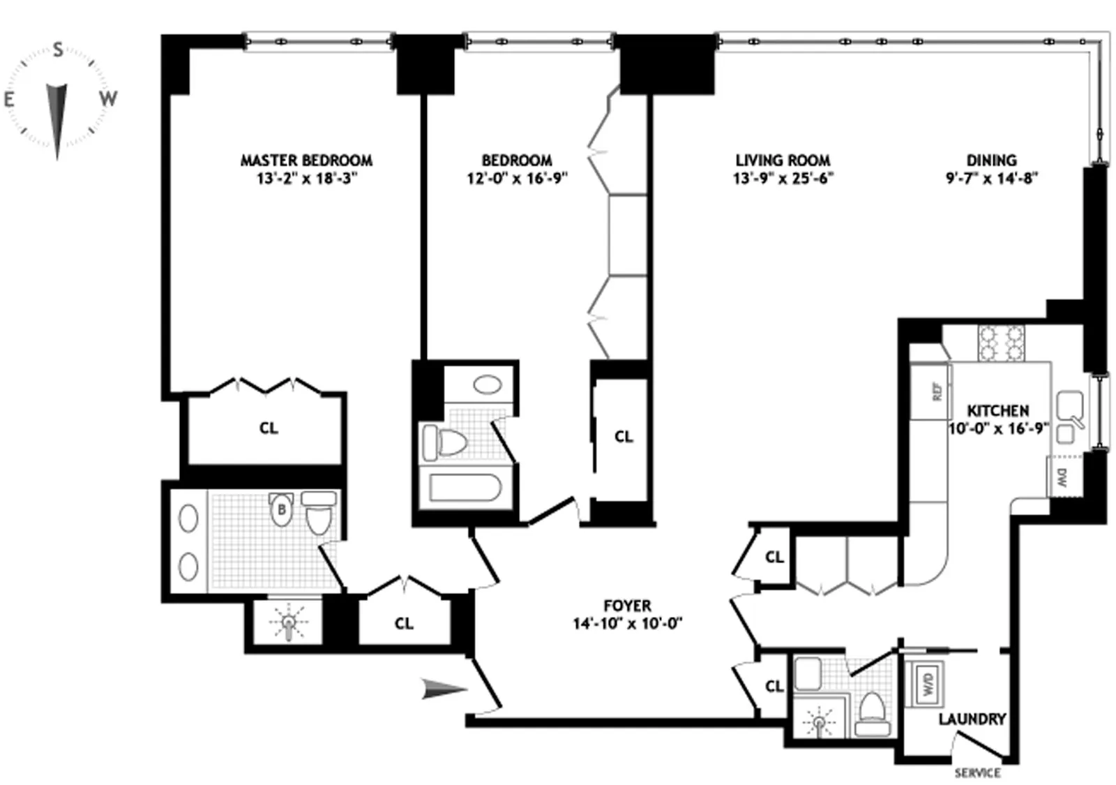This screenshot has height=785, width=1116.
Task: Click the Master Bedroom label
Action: click(x=306, y=160)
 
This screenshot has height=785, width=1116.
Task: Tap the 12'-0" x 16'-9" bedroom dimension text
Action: click(x=516, y=179)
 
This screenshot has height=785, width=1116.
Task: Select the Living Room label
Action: click(x=783, y=160)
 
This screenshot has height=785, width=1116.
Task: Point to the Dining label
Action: click(x=991, y=160)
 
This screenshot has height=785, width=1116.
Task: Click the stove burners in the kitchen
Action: click(x=1001, y=343)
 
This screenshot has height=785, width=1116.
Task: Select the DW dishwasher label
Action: click(x=1062, y=478)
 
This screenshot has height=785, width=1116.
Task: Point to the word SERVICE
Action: click(x=977, y=773)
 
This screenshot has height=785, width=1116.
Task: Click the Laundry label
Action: click(x=972, y=719)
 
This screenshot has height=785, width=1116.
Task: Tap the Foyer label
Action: click(x=627, y=606)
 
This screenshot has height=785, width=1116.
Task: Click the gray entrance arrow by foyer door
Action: click(x=444, y=690)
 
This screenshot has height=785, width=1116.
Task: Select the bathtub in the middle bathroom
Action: click(x=465, y=488)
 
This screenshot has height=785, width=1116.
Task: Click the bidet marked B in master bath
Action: click(x=281, y=509)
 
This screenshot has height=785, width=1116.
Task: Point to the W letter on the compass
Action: click(x=107, y=98)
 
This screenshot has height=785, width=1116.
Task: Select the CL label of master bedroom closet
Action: click(x=269, y=428)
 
